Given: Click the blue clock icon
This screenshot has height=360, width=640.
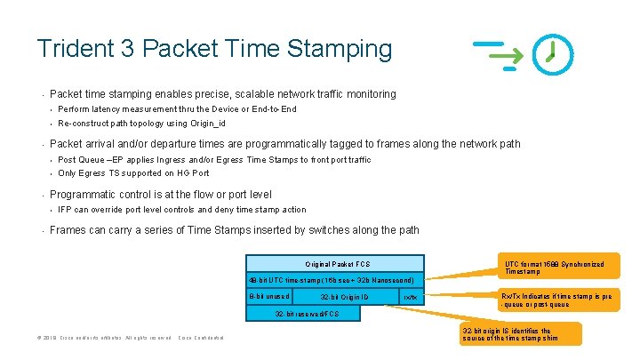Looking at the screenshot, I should [552, 54].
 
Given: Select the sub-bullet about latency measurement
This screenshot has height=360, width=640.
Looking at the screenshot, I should [177, 109].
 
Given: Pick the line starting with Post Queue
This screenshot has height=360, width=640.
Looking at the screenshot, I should [214, 160].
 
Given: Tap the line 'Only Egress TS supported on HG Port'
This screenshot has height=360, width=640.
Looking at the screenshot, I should [133, 173].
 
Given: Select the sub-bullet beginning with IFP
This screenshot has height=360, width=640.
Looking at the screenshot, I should [181, 210].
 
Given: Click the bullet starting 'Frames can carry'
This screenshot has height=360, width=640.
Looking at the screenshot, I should [234, 230].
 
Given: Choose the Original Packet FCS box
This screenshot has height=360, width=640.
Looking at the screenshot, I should [337, 264].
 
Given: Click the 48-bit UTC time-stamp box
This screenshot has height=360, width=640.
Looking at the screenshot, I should [331, 279].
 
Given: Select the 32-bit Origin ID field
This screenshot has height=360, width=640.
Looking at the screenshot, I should [344, 296].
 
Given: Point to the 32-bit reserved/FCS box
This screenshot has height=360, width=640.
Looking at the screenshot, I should [306, 313].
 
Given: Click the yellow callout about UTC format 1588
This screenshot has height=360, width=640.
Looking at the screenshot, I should [555, 268].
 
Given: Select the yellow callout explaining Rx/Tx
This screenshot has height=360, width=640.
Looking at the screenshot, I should [556, 300].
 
